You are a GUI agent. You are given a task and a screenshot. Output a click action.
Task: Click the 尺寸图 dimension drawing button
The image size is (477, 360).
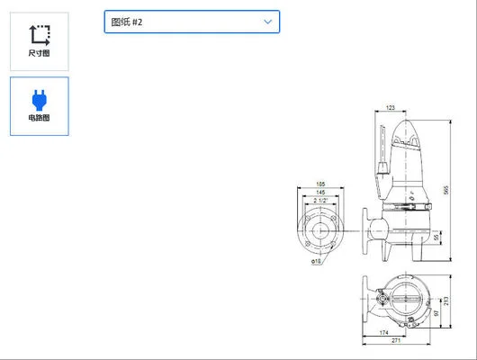tap(39, 41)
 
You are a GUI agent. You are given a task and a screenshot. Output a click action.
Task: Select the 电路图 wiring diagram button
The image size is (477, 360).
tap(39, 106)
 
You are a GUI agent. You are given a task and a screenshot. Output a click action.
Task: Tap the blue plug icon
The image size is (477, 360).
tap(39, 97)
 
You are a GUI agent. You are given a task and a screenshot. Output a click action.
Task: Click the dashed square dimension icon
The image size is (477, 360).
tap(39, 34)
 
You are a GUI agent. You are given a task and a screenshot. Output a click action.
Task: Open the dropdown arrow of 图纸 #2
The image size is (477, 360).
tap(267, 21)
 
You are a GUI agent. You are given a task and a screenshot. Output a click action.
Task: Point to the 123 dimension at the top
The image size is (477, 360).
tap(390, 108)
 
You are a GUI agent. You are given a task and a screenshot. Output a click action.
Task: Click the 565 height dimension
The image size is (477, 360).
tap(445, 189)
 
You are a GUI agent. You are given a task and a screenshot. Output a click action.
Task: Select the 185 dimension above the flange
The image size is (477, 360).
tap(320, 184)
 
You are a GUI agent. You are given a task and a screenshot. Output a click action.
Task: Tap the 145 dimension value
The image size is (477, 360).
tap(320, 192)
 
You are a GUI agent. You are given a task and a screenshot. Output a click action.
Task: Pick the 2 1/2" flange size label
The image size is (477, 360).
tap(320, 200)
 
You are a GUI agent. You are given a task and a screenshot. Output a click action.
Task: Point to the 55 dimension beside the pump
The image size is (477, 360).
tap(436, 237)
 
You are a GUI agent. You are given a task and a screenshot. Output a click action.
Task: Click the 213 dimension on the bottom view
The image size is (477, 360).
tap(445, 300)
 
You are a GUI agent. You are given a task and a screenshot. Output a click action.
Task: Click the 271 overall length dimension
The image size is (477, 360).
tap(394, 342)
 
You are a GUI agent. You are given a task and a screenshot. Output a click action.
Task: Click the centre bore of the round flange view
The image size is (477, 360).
tap(320, 230)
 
